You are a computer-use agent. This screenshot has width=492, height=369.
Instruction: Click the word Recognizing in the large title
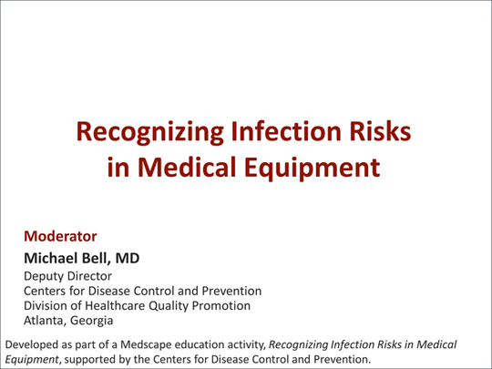tap(144, 133)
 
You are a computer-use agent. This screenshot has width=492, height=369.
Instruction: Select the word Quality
tap(181, 305)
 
